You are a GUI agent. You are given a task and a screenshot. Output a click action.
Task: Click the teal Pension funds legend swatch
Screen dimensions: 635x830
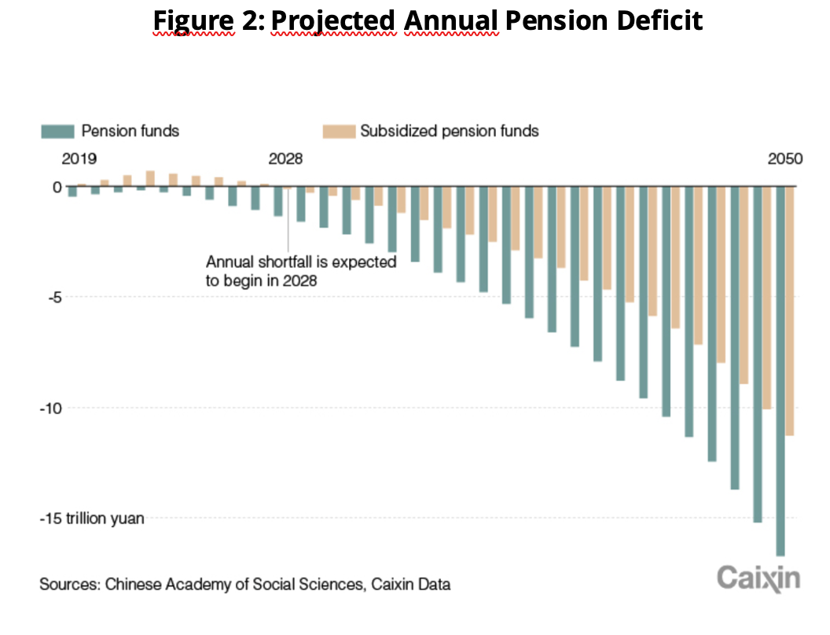point(57,130)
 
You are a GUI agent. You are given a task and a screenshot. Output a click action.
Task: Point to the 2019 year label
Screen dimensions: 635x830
point(79,159)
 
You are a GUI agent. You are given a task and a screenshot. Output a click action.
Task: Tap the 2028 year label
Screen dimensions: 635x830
point(285,159)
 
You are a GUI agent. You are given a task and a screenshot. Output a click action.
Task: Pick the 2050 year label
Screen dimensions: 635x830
point(785,159)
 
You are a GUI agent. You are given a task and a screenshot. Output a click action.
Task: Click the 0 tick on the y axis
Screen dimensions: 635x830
point(57,187)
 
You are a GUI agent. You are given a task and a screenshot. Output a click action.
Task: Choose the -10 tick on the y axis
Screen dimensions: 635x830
point(50,408)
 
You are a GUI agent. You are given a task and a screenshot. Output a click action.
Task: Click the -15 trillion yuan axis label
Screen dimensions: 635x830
point(92,519)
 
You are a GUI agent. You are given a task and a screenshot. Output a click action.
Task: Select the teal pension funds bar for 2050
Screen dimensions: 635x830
point(780,369)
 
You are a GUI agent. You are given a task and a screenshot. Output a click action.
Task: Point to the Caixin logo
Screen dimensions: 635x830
point(758,578)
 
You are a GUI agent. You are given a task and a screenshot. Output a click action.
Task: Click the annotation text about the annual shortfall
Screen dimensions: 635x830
point(300,270)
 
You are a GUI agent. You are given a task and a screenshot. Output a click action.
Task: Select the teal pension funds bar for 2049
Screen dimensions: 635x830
point(758,354)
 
